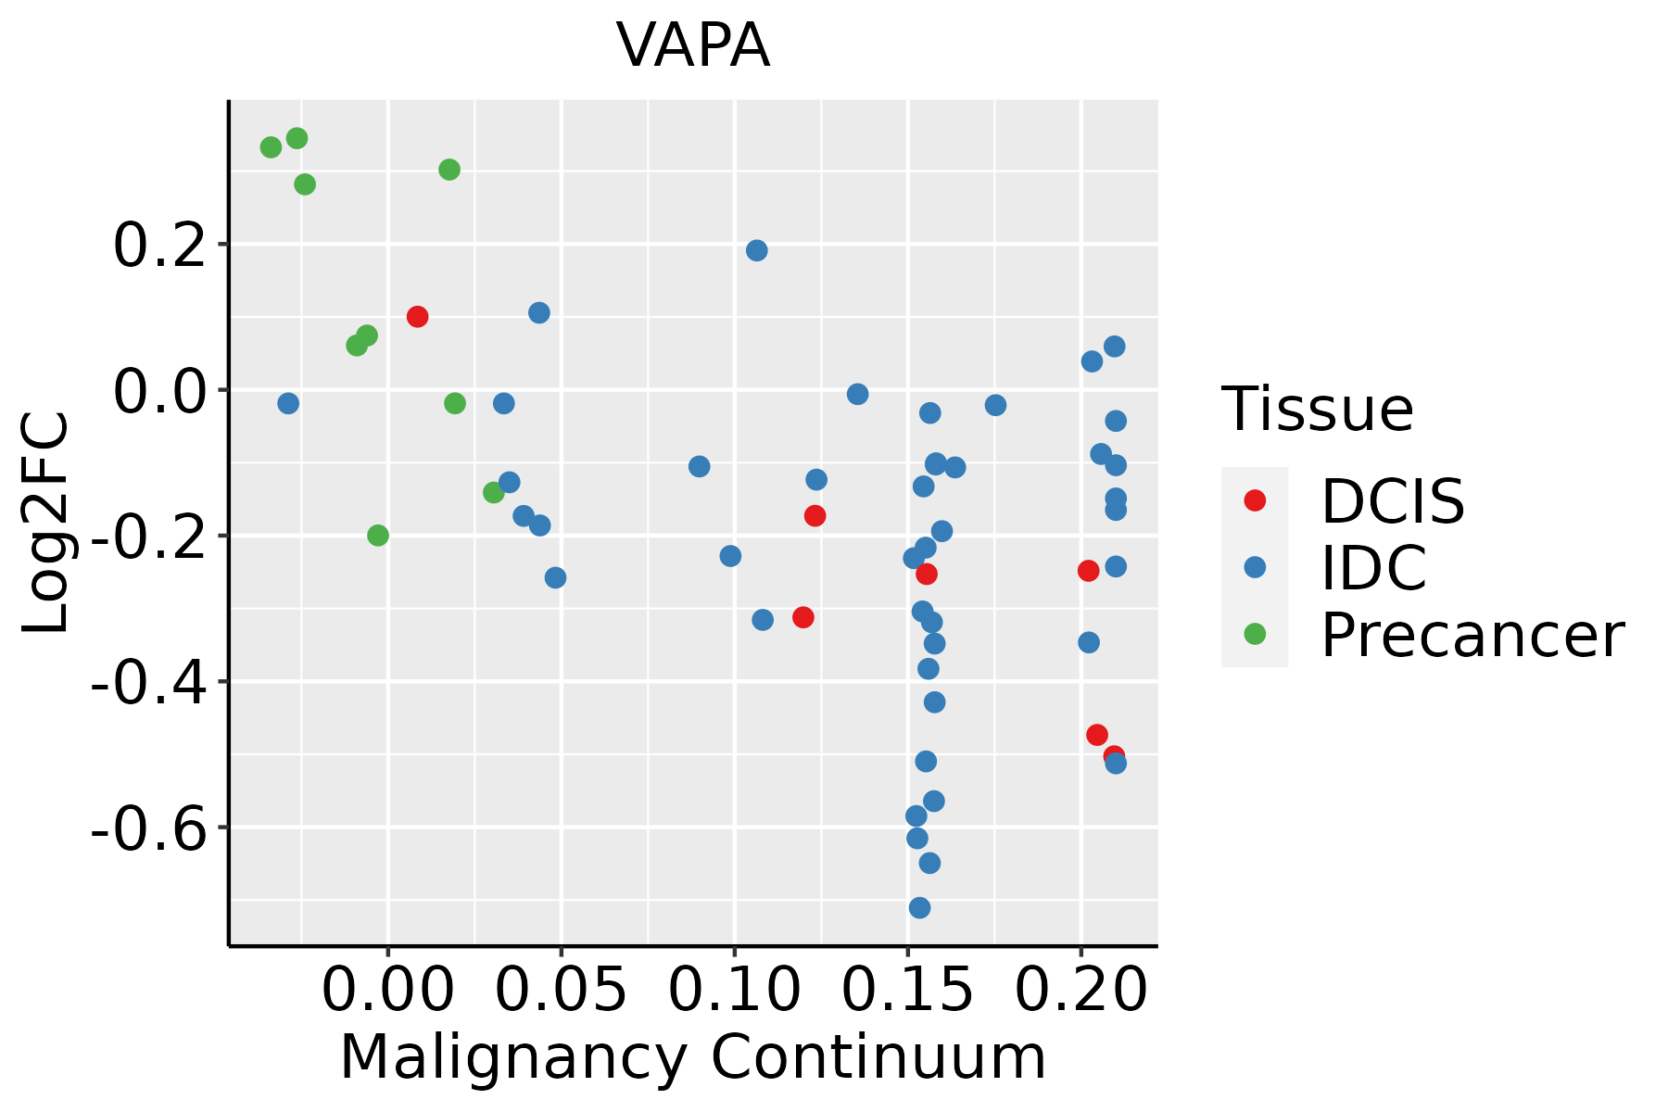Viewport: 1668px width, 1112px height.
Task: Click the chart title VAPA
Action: tap(693, 45)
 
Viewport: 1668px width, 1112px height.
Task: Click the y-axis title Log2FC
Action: tap(46, 523)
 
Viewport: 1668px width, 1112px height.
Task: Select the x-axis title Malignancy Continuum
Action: tap(693, 1057)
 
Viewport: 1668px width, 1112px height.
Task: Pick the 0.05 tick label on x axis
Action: tap(561, 990)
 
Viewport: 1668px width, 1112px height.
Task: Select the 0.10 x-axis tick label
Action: tap(734, 990)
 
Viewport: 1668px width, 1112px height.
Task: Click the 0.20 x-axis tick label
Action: tap(1080, 990)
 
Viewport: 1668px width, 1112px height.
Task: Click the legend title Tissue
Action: tap(1318, 409)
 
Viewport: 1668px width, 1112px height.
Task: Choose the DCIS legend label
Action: tap(1393, 501)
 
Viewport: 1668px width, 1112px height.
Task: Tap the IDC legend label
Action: tap(1373, 568)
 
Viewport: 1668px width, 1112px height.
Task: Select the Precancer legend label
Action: tap(1472, 635)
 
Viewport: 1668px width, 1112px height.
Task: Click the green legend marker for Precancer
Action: tap(1255, 634)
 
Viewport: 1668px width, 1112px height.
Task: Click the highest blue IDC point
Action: tap(757, 250)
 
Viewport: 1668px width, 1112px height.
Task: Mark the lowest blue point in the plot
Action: tap(919, 907)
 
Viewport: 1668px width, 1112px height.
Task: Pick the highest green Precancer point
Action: tap(297, 138)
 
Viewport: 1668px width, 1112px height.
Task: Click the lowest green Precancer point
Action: tap(378, 535)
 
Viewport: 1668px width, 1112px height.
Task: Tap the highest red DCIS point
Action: tap(417, 317)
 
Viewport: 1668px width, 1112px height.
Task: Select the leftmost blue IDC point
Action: tap(288, 403)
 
